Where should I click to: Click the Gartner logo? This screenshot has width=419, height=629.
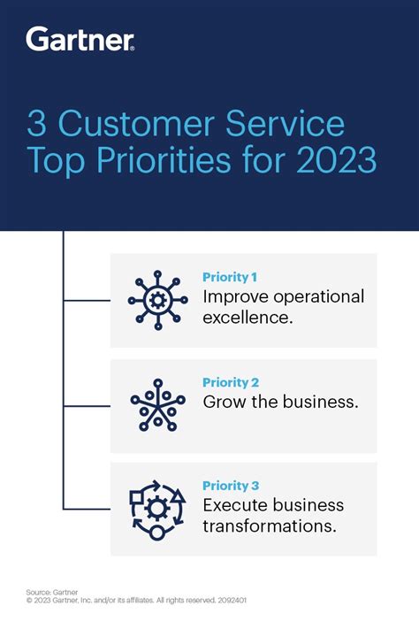pos(80,38)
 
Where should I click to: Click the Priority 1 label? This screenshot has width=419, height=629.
pos(229,277)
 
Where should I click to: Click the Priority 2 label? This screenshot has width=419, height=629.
pos(230,382)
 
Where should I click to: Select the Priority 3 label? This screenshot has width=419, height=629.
pos(230,486)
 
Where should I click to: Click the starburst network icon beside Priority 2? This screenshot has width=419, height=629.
pos(158,404)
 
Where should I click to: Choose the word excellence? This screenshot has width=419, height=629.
pos(247,316)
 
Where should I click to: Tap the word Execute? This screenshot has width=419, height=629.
pos(236,505)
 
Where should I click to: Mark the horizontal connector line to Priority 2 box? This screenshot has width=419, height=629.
pos(86,406)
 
